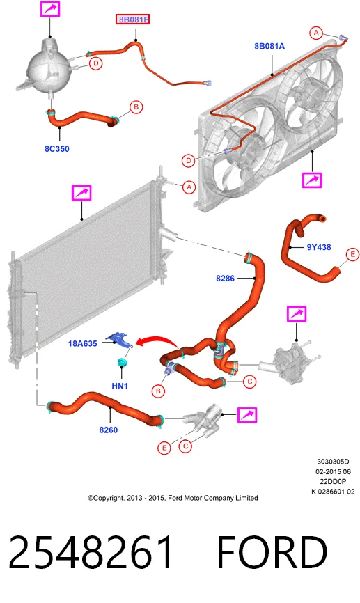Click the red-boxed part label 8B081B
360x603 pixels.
133,19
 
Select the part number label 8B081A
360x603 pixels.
269,46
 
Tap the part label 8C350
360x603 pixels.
57,149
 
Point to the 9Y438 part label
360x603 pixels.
319,247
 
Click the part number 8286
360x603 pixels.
225,278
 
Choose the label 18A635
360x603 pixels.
82,343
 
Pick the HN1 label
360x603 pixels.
120,386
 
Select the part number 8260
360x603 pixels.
109,430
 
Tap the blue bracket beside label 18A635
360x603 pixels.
120,340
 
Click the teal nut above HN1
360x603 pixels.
123,362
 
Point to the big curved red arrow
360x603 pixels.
156,340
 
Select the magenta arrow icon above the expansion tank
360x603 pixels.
50,8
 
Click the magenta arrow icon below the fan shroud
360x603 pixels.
312,180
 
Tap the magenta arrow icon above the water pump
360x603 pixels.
297,314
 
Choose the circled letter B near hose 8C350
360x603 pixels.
136,107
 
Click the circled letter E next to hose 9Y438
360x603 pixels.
352,254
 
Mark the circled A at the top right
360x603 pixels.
316,33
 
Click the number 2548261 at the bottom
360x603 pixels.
91,552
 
